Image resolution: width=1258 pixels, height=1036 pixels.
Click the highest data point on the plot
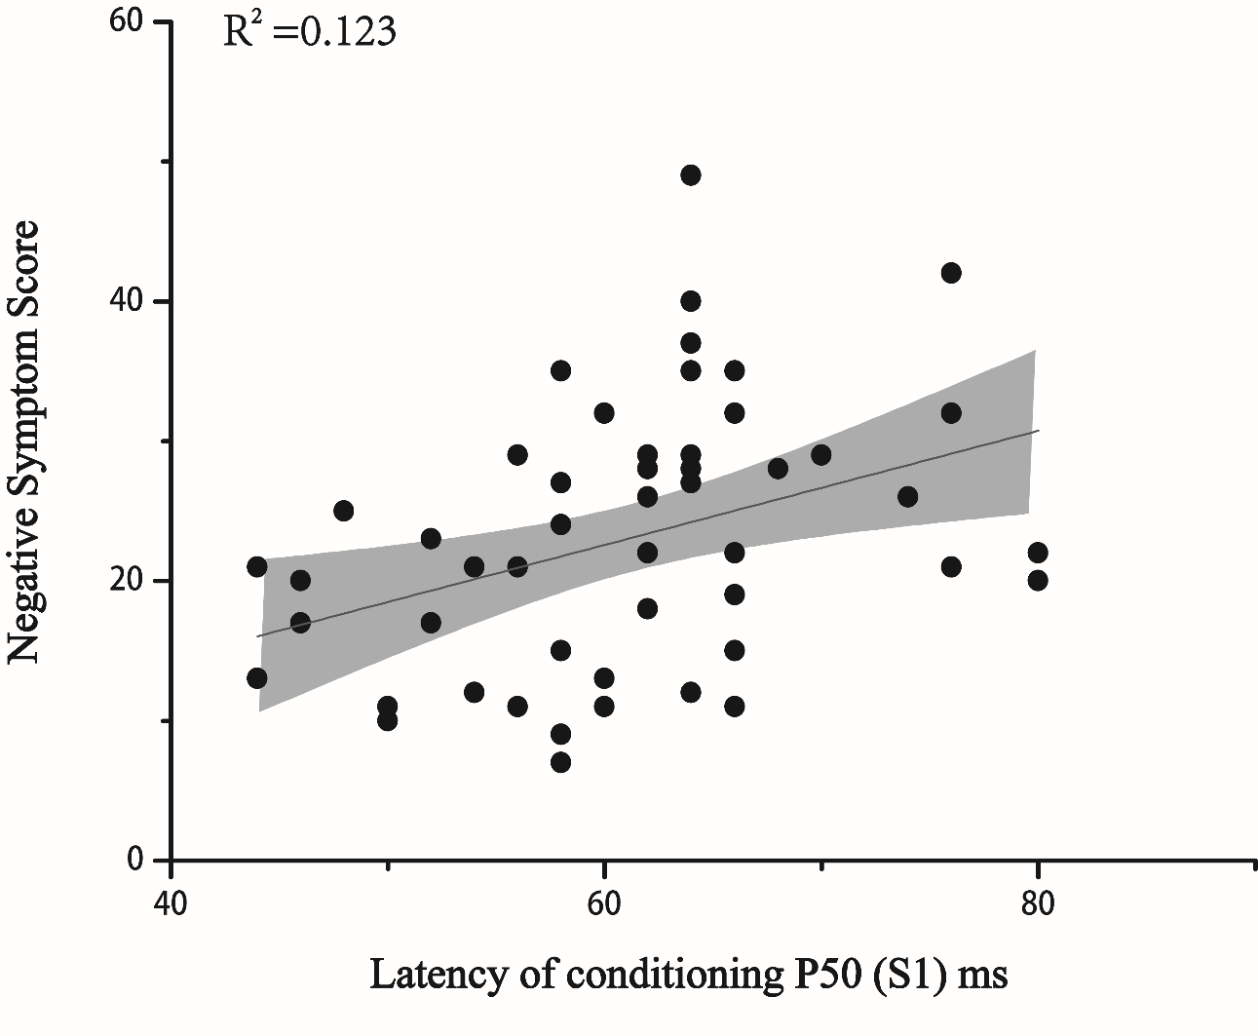(x=691, y=175)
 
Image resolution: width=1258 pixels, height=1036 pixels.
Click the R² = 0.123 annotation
(x=310, y=31)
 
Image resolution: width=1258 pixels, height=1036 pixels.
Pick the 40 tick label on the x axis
(x=172, y=902)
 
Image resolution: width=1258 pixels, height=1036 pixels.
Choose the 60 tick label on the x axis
(x=604, y=902)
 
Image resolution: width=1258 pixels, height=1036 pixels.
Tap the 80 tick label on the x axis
(x=1038, y=902)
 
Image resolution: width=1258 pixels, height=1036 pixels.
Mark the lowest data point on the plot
(x=560, y=762)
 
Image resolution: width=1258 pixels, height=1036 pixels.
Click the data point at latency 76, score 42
(x=951, y=273)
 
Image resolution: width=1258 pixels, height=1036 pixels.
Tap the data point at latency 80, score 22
(x=1038, y=553)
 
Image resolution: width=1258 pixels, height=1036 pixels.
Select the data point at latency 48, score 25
(x=343, y=511)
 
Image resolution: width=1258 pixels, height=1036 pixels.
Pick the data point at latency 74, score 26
(x=907, y=497)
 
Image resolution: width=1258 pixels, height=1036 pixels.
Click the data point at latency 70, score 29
(x=820, y=455)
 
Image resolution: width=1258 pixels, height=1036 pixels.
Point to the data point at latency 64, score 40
(x=691, y=301)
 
